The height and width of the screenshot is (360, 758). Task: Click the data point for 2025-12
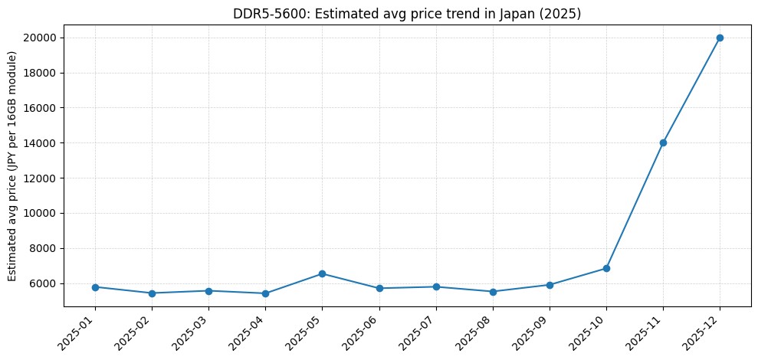pyautogui.click(x=720, y=38)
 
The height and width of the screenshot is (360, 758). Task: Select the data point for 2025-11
pyautogui.click(x=663, y=142)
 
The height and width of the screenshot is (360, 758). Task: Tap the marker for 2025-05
pyautogui.click(x=322, y=273)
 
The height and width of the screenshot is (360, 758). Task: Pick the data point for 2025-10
pyautogui.click(x=606, y=268)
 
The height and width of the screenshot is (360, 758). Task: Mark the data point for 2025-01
pyautogui.click(x=95, y=287)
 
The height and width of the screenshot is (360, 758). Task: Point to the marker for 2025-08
pyautogui.click(x=493, y=292)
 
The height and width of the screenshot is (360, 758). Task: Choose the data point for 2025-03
pyautogui.click(x=208, y=291)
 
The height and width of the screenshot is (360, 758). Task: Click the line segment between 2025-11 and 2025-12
pyautogui.click(x=691, y=90)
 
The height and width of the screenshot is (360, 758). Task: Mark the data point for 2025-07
pyautogui.click(x=436, y=286)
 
